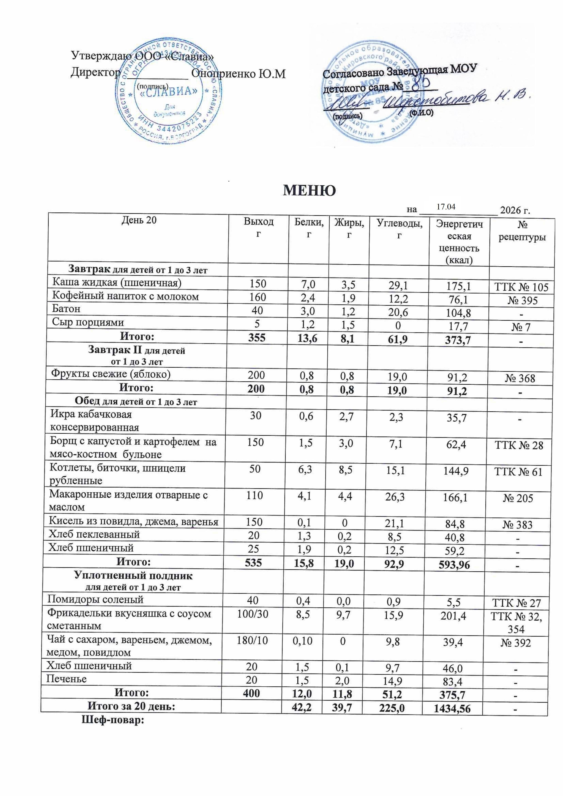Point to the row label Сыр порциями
point(88,322)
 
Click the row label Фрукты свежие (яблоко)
point(111,374)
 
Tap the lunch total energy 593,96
point(454,565)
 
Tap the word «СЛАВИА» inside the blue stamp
point(169,91)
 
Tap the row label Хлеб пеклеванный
point(94,534)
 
